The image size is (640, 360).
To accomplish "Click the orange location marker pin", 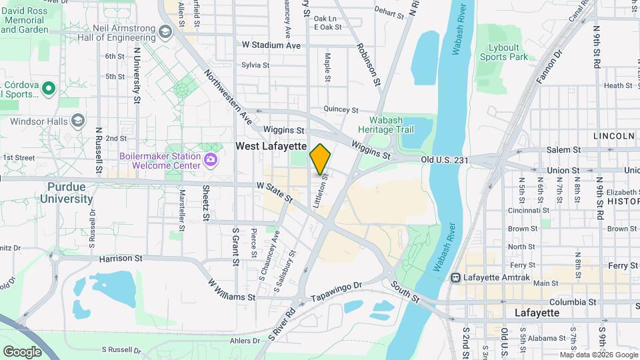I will (320, 159).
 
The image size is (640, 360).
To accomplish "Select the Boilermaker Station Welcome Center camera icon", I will (211, 159).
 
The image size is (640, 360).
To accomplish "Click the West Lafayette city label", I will (270, 146).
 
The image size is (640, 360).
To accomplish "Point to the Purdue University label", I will (66, 193).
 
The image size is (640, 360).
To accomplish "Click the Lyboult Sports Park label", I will (504, 52).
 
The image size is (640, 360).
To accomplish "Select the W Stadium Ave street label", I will (271, 45).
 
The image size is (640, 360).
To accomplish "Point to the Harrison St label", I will (121, 258).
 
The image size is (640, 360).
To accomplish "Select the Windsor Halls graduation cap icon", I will (79, 121).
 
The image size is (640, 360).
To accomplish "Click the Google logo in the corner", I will (22, 351).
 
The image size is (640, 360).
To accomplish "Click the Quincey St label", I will (341, 109).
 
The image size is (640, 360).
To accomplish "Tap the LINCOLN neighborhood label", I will (613, 136).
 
